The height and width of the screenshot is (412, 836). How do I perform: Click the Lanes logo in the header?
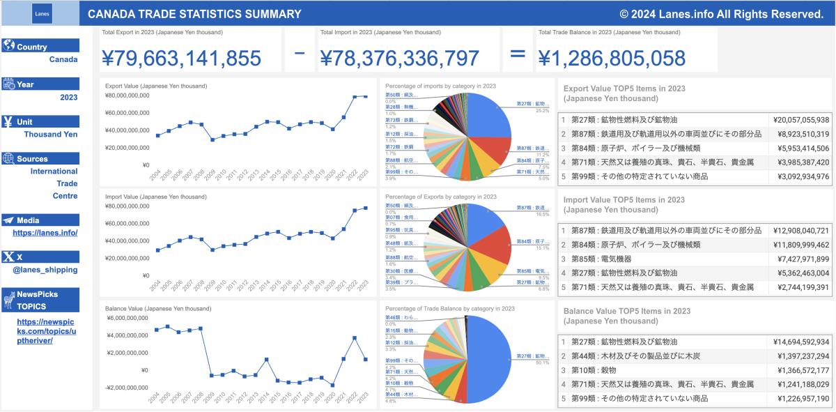click(42, 14)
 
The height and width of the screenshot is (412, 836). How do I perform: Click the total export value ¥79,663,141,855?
click(181, 59)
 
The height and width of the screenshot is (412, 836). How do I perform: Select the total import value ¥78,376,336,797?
click(399, 59)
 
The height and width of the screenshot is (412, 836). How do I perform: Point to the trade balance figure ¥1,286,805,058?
click(611, 59)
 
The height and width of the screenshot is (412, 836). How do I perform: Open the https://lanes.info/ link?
click(45, 233)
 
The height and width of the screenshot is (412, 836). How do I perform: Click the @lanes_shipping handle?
click(45, 270)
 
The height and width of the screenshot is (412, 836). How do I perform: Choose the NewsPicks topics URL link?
click(45, 331)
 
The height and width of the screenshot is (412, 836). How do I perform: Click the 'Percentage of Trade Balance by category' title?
click(450, 309)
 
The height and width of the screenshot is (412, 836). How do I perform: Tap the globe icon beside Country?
click(9, 46)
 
